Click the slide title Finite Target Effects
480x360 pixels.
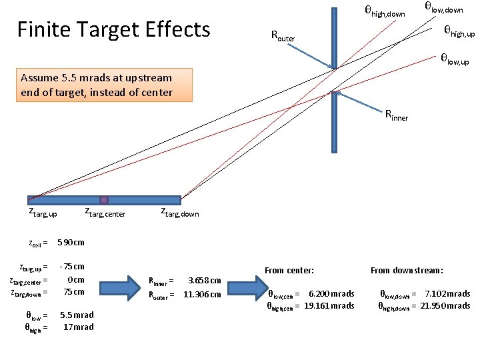click(113, 30)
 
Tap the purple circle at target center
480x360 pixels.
click(104, 199)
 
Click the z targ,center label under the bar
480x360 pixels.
click(105, 213)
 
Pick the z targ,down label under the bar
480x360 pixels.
click(180, 213)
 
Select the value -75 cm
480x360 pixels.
click(72, 266)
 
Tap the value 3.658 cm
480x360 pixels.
click(205, 281)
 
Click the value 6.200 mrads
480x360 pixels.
click(331, 293)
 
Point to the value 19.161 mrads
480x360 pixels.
click(329, 305)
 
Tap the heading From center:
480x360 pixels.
click(289, 270)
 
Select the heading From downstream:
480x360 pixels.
click(407, 270)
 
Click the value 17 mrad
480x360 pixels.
click(78, 327)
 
